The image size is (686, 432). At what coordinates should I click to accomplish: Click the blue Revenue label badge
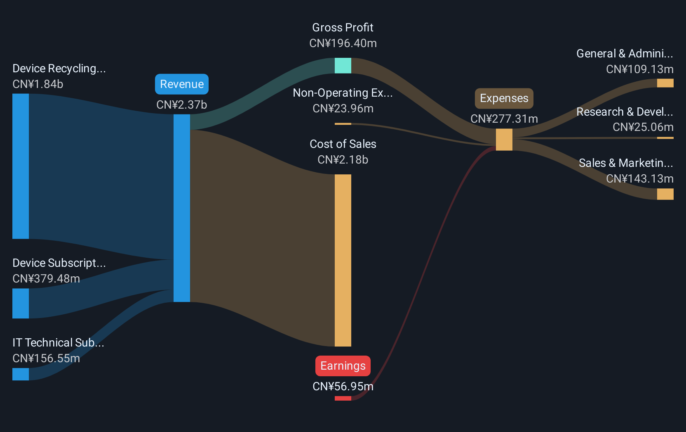click(x=182, y=84)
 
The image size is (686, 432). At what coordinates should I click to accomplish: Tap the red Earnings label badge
click(x=343, y=366)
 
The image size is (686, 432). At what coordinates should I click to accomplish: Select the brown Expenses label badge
click(x=504, y=98)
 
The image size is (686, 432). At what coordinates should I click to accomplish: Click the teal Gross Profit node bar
click(x=343, y=66)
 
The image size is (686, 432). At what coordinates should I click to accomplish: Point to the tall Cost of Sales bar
click(x=343, y=261)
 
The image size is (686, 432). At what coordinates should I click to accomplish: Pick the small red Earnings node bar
click(x=343, y=398)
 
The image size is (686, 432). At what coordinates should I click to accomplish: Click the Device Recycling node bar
click(x=21, y=166)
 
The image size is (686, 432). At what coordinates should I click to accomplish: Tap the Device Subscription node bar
click(x=21, y=304)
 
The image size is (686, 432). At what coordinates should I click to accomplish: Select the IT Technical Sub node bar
click(x=21, y=374)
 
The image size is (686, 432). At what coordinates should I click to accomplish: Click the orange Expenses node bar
click(x=504, y=140)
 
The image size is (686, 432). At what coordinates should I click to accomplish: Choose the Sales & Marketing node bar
click(x=665, y=194)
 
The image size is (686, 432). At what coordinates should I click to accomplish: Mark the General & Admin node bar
click(x=665, y=83)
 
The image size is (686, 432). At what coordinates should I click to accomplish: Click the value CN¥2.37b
click(x=182, y=105)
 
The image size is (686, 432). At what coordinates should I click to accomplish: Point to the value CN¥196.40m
click(x=343, y=43)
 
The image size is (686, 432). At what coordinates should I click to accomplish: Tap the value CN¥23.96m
click(x=343, y=109)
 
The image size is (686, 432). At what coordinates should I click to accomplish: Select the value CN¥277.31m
click(x=504, y=119)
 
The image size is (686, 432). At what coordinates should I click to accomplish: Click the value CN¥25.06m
click(x=643, y=127)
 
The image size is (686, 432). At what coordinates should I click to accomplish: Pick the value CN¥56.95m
click(x=343, y=387)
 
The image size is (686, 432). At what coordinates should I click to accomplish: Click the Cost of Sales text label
click(x=343, y=144)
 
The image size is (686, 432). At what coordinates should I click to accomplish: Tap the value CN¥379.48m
click(x=46, y=279)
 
